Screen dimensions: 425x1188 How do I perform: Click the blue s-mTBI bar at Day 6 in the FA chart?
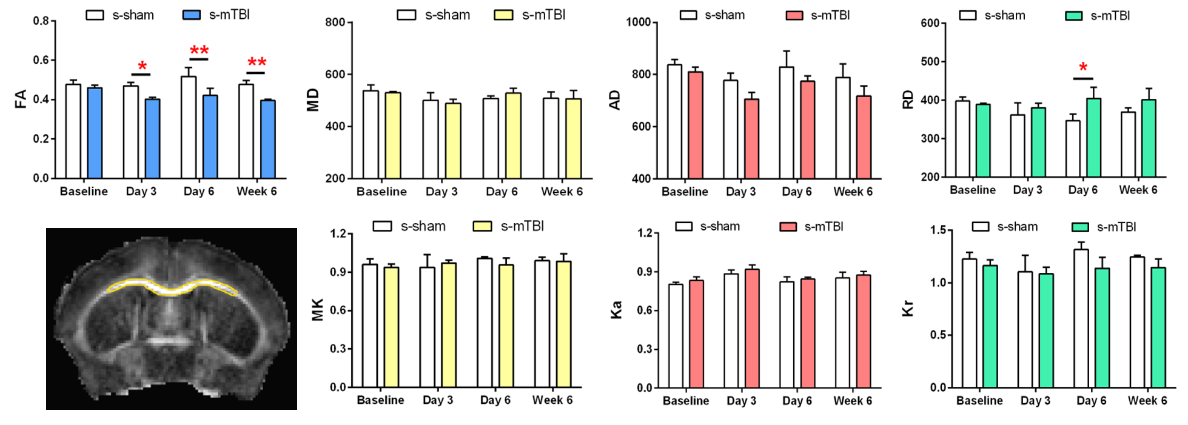pos(210,136)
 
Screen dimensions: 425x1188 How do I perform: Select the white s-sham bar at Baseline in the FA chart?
pos(73,131)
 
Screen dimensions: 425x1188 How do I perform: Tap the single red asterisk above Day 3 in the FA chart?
pos(142,65)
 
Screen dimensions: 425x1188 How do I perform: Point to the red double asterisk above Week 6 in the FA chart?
pos(257,62)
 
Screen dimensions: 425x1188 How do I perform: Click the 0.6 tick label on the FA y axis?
pos(41,60)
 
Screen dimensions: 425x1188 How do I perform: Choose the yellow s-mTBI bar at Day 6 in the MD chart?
pos(513,136)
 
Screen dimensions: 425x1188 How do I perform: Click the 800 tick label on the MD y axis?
pos(335,22)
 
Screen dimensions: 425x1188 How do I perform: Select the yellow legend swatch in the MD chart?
pos(503,15)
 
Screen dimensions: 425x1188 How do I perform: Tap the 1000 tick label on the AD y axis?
pos(638,22)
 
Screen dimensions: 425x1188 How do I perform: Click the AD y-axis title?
pos(615,100)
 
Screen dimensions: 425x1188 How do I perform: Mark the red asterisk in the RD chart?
pos(1083,67)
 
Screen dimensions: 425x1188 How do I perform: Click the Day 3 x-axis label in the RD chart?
pos(1027,190)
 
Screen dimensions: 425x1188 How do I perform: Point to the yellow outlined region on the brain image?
pos(172,287)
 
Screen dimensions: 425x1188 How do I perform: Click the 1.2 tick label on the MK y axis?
pos(338,233)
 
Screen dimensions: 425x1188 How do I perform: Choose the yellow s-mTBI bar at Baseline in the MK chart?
pos(391,327)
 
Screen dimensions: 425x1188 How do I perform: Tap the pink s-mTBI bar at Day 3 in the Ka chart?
pos(752,328)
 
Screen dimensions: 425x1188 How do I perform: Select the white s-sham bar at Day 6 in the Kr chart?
pos(1081,318)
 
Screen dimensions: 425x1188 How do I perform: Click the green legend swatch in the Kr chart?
pos(1080,227)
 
